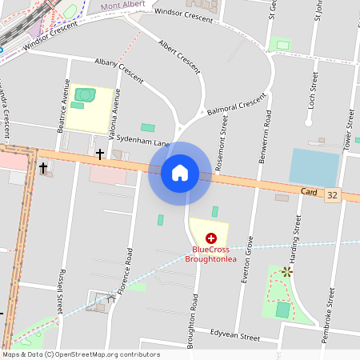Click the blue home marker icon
[x=180, y=173]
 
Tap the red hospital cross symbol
[x=211, y=238]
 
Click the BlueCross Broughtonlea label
[x=211, y=254]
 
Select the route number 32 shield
[x=332, y=194]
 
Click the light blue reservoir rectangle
[x=314, y=166]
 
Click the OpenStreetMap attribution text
[x=80, y=354]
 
